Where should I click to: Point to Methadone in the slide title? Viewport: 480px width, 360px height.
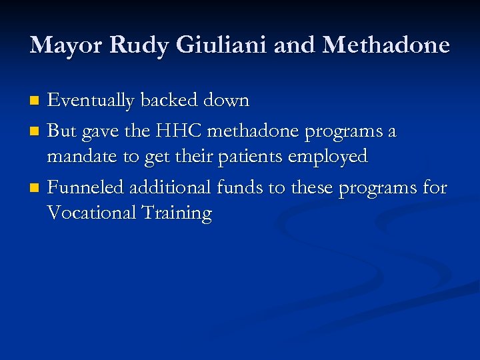click(x=386, y=45)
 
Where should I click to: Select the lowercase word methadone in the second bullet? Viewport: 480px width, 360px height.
click(x=254, y=131)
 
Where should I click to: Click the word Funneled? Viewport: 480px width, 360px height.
click(x=85, y=188)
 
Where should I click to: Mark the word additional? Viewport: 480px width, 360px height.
click(x=171, y=188)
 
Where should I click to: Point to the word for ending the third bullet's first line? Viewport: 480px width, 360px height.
click(x=434, y=188)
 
